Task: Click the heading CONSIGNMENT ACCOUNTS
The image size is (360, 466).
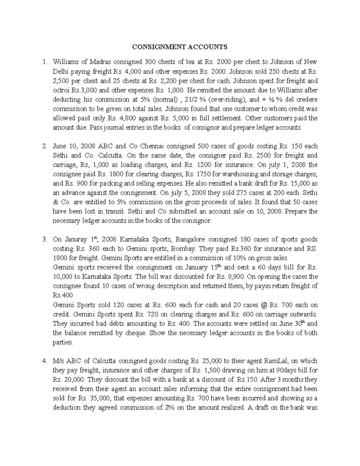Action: pos(180,47)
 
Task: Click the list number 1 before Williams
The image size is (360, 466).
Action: pos(44,62)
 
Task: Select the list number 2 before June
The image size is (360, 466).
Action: pos(44,146)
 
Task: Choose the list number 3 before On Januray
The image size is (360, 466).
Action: pos(44,239)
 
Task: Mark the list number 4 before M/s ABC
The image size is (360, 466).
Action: pos(44,361)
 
